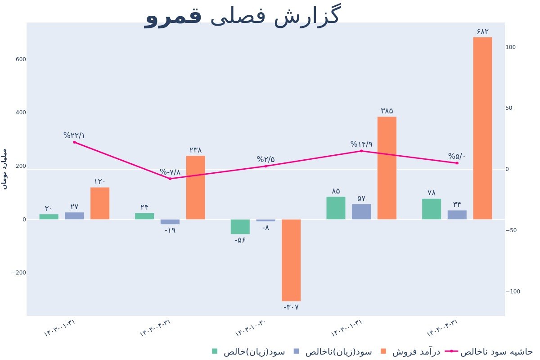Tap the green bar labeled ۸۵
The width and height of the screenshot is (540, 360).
pyautogui.click(x=336, y=208)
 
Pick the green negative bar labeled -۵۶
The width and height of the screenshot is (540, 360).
pyautogui.click(x=240, y=227)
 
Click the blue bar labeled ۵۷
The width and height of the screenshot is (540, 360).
pyautogui.click(x=361, y=211)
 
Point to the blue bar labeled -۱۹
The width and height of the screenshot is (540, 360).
pyautogui.click(x=170, y=222)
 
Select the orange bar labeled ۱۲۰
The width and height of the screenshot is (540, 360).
pyautogui.click(x=100, y=203)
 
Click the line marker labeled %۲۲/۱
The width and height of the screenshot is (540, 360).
pyautogui.click(x=74, y=142)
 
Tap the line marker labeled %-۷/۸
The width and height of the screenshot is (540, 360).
pyautogui.click(x=170, y=179)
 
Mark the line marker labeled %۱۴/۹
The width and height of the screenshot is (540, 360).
pyautogui.click(x=361, y=151)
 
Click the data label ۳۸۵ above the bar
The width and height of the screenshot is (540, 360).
pyautogui.click(x=387, y=111)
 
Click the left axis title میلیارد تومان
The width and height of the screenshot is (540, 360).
pyautogui.click(x=5, y=168)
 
